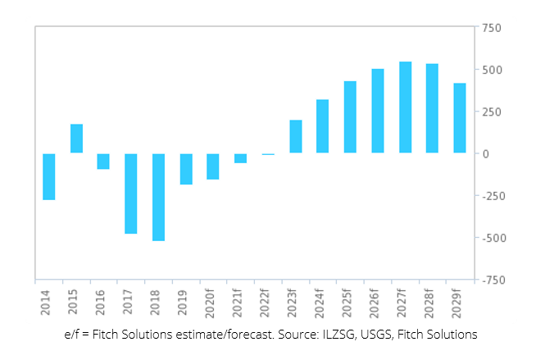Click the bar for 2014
[49, 176]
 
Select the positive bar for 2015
[76, 139]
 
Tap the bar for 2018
[158, 197]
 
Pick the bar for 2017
[131, 194]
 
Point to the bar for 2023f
[296, 137]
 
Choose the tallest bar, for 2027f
[405, 107]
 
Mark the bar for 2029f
[460, 118]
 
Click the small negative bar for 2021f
[240, 158]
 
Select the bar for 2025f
[350, 117]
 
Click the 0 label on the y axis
[486, 154]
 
